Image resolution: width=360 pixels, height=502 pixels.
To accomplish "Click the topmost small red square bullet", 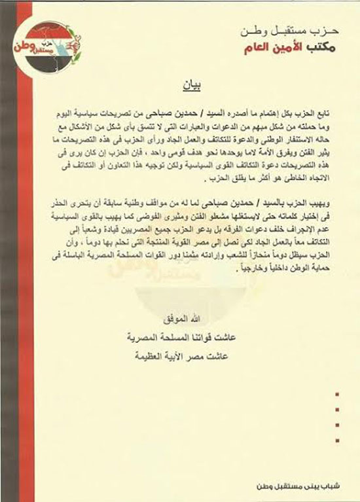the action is point(336,395).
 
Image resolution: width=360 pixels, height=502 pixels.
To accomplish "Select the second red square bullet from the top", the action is point(336,410).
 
